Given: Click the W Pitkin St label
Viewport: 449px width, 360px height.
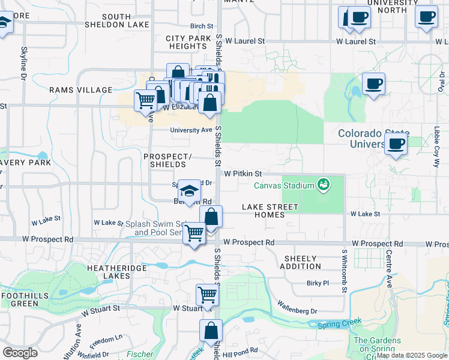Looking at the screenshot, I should coord(243,173).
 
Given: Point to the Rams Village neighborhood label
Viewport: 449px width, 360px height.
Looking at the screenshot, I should coord(81,90).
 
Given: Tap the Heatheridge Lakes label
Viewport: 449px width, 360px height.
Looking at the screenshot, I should coord(108,272).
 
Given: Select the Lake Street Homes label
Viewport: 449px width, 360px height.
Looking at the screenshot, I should coord(270,211).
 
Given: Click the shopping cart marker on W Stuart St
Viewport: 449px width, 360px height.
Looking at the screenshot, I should coord(207,296).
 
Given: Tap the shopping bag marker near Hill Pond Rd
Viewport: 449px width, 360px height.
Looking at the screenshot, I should coord(211,331).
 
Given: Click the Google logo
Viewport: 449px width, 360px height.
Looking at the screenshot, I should coord(20,352).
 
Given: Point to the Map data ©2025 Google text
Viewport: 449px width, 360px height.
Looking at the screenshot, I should coord(412,355).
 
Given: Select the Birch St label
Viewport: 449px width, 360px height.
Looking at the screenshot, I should coord(202,26).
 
